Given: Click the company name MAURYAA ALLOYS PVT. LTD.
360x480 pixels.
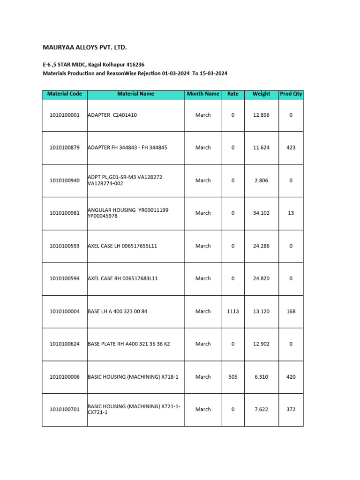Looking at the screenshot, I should tap(85, 48).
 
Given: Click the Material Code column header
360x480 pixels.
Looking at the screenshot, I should tap(65, 94).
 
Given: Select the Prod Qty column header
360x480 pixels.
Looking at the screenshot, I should tap(291, 94).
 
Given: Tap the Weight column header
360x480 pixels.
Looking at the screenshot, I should tap(261, 94).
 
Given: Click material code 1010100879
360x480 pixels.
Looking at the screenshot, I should tap(65, 148).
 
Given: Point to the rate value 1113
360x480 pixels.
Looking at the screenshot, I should tap(233, 311).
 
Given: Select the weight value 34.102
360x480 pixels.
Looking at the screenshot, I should tap(261, 213).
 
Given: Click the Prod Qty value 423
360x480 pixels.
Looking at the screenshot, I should tap(291, 148).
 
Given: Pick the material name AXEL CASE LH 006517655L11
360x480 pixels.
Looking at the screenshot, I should tap(122, 246).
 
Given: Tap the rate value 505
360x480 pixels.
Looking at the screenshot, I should tap(233, 377).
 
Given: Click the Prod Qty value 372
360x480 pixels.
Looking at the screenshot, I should tap(291, 409).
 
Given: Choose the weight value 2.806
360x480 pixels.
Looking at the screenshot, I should tap(261, 180).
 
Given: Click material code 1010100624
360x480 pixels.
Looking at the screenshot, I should tap(65, 344).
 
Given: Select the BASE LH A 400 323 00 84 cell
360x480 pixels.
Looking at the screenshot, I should tap(118, 311).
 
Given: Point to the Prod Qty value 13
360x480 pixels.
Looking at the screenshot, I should tap(291, 213).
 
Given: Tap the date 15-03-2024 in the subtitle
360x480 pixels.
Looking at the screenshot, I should tap(213, 74).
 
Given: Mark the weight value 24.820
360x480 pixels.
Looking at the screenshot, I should tap(261, 278).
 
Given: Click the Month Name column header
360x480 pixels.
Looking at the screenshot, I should tap(203, 94).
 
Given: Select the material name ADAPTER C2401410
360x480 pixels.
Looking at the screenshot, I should tap(112, 115).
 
